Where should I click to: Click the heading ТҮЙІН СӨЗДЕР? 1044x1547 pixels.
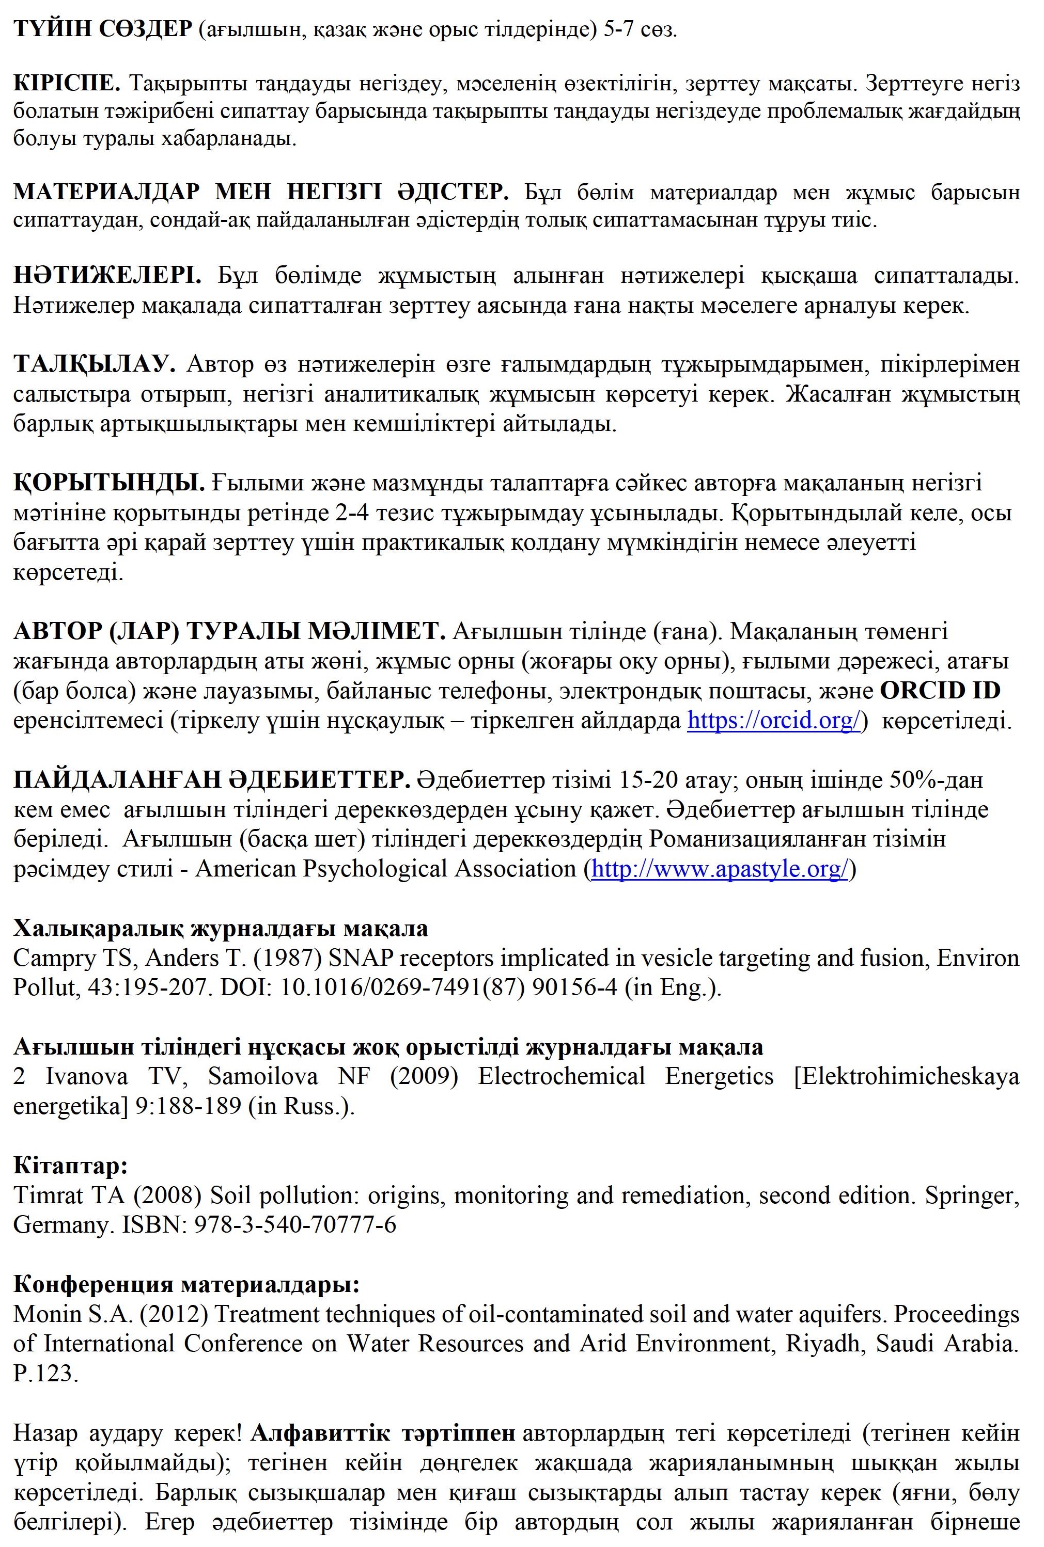[x=102, y=29]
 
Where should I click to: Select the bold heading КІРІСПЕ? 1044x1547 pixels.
[x=67, y=83]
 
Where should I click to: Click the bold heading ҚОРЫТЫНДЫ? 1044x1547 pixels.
[x=108, y=483]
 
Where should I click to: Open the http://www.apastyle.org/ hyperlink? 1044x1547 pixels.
[x=720, y=869]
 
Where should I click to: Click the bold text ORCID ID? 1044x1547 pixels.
[x=940, y=691]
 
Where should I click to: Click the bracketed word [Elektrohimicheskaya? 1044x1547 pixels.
[x=906, y=1076]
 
